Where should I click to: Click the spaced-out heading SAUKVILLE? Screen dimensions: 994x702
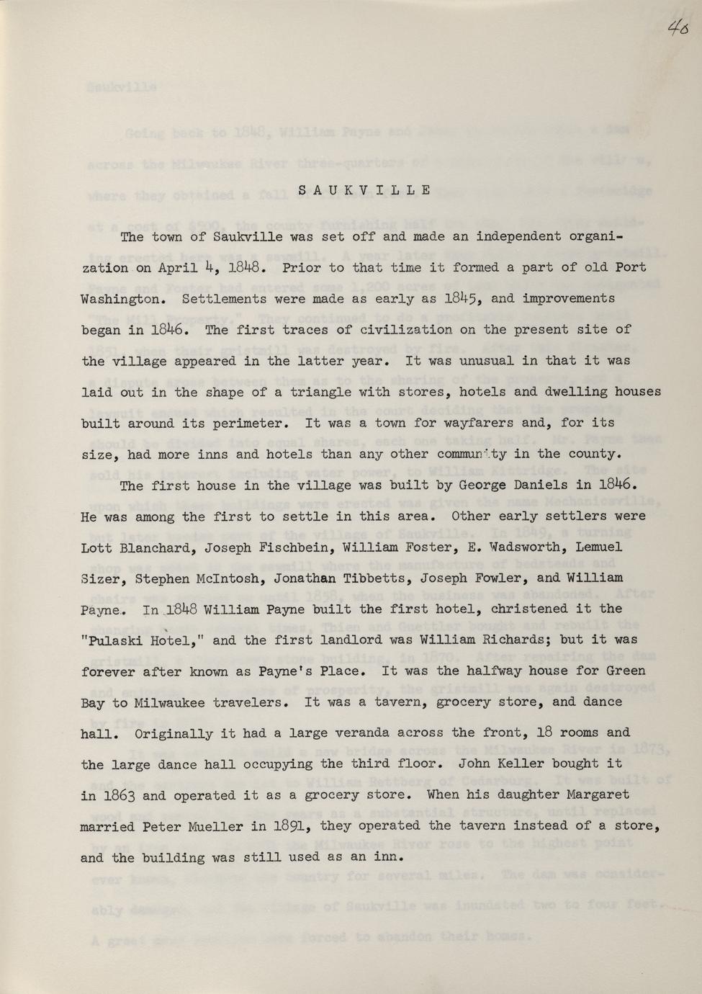click(364, 191)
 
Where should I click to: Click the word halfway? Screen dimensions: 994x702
click(503, 671)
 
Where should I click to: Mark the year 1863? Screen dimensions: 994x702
click(115, 796)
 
